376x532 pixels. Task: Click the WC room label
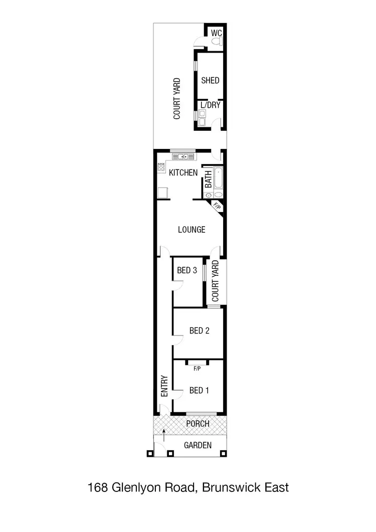tap(216, 33)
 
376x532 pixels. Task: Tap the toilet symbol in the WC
tap(216, 44)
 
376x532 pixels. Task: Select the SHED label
tap(210, 80)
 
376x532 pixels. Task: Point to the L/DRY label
tap(210, 105)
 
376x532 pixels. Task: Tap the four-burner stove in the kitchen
tap(161, 168)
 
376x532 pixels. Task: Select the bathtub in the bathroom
tap(219, 179)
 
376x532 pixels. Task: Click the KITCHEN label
tap(183, 173)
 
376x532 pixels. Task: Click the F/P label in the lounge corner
tap(217, 206)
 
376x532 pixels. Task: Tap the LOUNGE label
tap(192, 230)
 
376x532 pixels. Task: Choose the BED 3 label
tap(186, 270)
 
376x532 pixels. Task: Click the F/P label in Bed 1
tap(197, 369)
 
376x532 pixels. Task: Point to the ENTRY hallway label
tap(164, 387)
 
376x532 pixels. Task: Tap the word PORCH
tap(198, 424)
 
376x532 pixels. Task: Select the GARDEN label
tap(198, 445)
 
